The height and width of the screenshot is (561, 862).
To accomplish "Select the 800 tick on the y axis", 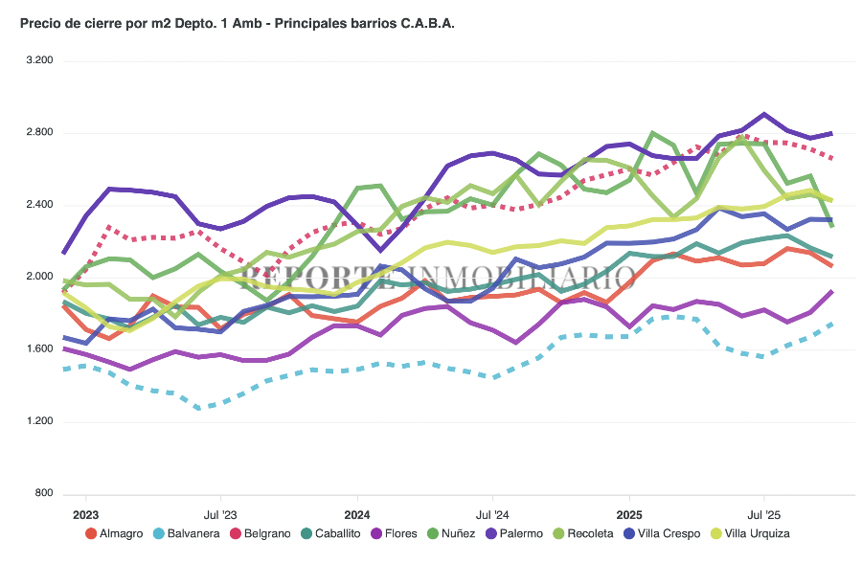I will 44,493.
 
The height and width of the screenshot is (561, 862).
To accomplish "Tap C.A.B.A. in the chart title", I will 422,21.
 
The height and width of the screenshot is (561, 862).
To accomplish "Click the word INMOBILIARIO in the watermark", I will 540,278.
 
